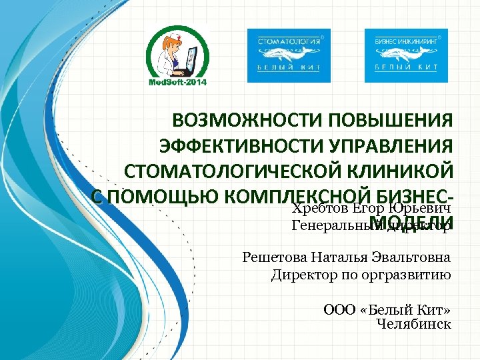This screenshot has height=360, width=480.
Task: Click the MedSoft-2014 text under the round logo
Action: pos(177,82)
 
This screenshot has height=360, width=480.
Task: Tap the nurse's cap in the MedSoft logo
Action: pos(175,37)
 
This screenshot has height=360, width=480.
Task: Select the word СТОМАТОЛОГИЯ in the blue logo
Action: pos(288,41)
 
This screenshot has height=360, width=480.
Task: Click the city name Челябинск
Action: pos(413,324)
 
